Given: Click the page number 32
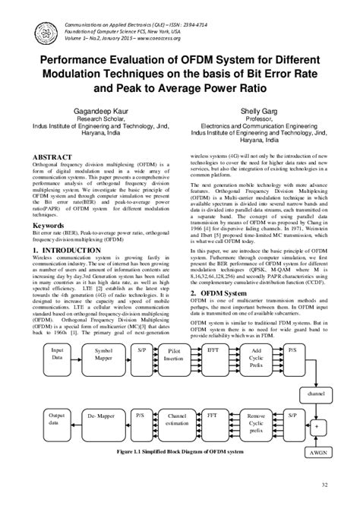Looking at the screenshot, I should (324, 485).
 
